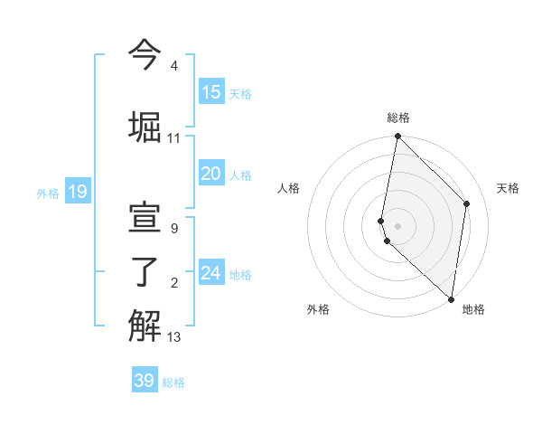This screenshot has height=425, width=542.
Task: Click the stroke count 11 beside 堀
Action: click(x=173, y=138)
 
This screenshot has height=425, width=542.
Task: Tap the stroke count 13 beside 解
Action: click(x=173, y=338)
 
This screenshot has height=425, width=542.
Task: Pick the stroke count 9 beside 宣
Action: click(x=173, y=230)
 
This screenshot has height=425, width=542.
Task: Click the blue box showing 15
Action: click(x=211, y=92)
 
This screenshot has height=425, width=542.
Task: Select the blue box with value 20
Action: click(x=211, y=174)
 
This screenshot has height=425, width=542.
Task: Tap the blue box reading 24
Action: click(x=211, y=273)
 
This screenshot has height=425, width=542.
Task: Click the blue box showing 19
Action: click(x=78, y=192)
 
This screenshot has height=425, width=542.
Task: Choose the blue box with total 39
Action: click(x=145, y=381)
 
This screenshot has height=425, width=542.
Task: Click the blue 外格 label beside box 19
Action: click(x=48, y=193)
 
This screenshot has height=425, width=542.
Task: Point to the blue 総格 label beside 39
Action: click(x=174, y=382)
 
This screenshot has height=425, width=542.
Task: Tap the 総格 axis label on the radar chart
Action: click(x=398, y=118)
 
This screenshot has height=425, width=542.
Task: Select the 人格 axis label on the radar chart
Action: click(x=289, y=188)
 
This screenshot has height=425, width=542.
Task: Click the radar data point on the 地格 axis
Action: click(x=451, y=299)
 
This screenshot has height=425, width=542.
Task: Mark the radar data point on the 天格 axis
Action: click(x=467, y=203)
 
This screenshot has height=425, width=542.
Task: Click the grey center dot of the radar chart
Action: click(x=398, y=225)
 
